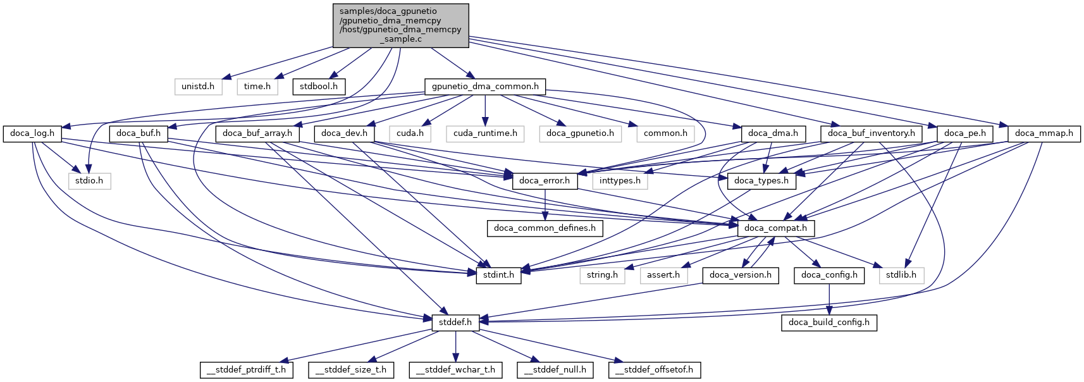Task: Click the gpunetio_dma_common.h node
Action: pos(485,86)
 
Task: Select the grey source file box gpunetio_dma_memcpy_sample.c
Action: pos(400,25)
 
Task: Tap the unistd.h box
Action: pos(198,86)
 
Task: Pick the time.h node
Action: pos(257,86)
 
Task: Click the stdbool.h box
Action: pos(318,86)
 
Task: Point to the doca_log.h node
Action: pos(32,133)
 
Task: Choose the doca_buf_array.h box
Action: pos(257,133)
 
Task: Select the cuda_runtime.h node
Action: pos(485,133)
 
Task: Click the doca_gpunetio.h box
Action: pos(580,133)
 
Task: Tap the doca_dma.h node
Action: pos(773,133)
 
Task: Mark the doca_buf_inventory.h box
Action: pos(872,133)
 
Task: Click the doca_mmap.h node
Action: pos(1044,133)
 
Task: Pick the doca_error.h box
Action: pos(545,181)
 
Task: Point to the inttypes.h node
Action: pos(620,181)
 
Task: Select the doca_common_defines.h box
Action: pos(545,228)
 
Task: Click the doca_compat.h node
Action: pos(776,228)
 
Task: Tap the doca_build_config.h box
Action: pos(829,323)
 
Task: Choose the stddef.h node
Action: pos(456,323)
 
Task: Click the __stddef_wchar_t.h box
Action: pos(456,370)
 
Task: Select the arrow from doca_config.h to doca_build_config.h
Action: pos(829,299)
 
